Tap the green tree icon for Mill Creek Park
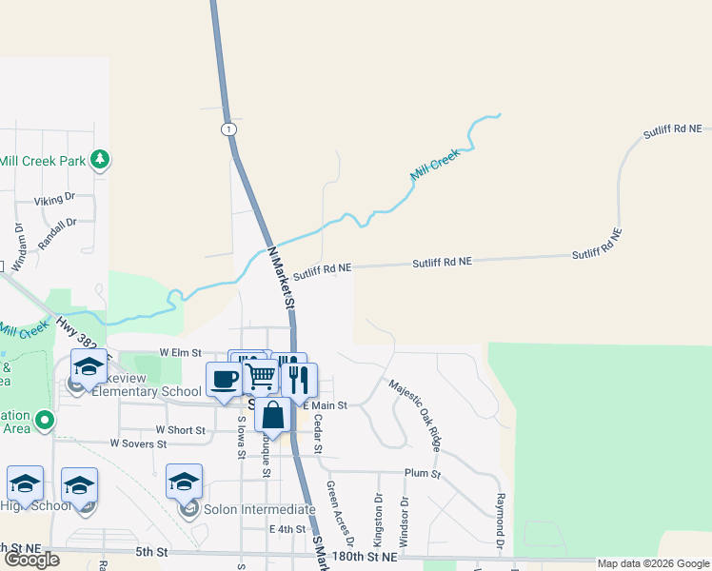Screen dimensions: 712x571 (x=100, y=160)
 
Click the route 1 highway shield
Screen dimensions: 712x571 (x=228, y=128)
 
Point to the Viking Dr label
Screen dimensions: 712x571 (x=54, y=200)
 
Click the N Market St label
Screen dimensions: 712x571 (x=280, y=277)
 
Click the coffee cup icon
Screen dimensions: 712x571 (x=225, y=379)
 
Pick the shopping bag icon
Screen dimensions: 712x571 (x=273, y=415)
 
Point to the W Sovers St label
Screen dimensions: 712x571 (x=146, y=443)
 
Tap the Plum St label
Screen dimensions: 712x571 (x=423, y=473)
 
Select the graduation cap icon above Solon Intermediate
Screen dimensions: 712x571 (x=184, y=482)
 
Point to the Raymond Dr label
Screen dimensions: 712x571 (x=498, y=521)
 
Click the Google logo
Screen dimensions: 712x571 (x=31, y=560)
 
